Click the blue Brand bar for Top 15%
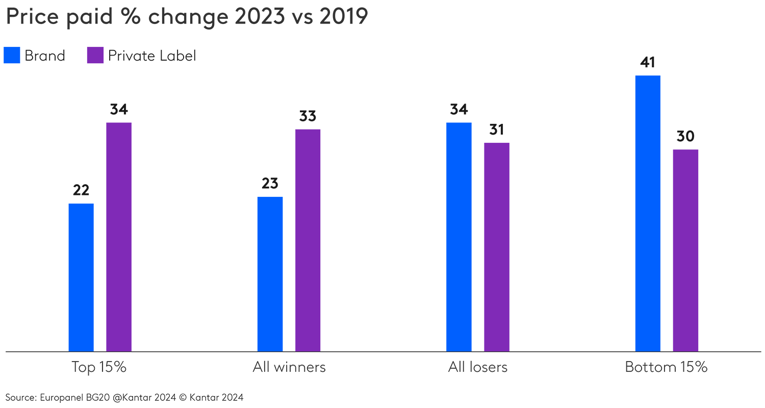[x=81, y=277]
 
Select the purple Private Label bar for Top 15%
[x=119, y=237]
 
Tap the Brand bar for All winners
[x=270, y=274]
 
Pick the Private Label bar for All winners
[x=308, y=240]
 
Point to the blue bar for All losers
[x=458, y=237]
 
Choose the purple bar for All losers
[x=496, y=247]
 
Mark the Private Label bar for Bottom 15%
[x=685, y=250]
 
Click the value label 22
[x=81, y=190]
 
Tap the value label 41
[x=648, y=62]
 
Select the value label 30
[x=685, y=136]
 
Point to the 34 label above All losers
[x=458, y=109]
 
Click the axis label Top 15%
[x=99, y=367]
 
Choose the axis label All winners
[x=289, y=367]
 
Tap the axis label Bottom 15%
[x=666, y=367]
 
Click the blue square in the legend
[x=12, y=55]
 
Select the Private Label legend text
[x=152, y=55]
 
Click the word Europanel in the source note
[x=60, y=397]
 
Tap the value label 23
[x=270, y=184]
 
